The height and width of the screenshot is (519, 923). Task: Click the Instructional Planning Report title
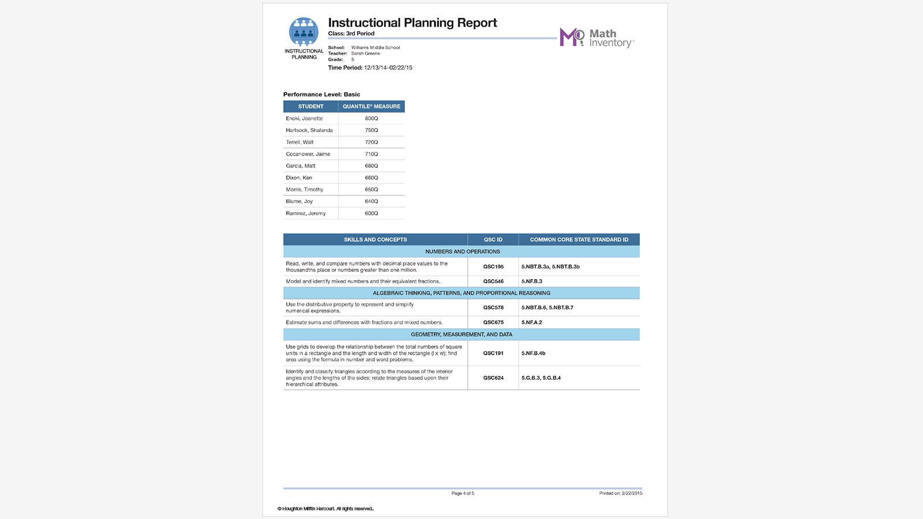point(412,23)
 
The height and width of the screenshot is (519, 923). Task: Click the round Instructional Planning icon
point(303,32)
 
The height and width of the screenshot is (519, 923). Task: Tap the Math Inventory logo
point(596,38)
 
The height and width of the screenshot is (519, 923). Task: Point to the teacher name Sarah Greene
point(366,54)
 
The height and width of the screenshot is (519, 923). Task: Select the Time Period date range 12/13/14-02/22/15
point(388,67)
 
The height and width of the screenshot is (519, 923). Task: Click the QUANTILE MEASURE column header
point(371,107)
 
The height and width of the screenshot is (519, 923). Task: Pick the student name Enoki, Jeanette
point(305,119)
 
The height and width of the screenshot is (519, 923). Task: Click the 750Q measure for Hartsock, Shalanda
point(372,130)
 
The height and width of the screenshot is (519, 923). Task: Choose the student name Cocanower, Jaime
point(308,154)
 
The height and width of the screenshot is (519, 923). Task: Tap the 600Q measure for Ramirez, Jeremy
point(372,213)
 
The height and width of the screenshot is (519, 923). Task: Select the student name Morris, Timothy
point(305,190)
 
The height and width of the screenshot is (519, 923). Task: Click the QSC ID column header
point(493,240)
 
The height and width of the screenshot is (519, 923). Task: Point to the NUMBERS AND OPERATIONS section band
point(462,252)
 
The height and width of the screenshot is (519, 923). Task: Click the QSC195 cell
point(493,267)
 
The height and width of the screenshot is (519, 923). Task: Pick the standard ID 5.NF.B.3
point(532,281)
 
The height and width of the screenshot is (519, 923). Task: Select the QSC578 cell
point(493,308)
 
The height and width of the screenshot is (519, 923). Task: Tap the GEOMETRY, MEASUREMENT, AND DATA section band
point(461,334)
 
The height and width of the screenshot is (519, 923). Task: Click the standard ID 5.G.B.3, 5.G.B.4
point(541,378)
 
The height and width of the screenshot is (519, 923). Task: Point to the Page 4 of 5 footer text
point(463,494)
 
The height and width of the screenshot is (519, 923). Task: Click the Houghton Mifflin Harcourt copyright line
point(326,509)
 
